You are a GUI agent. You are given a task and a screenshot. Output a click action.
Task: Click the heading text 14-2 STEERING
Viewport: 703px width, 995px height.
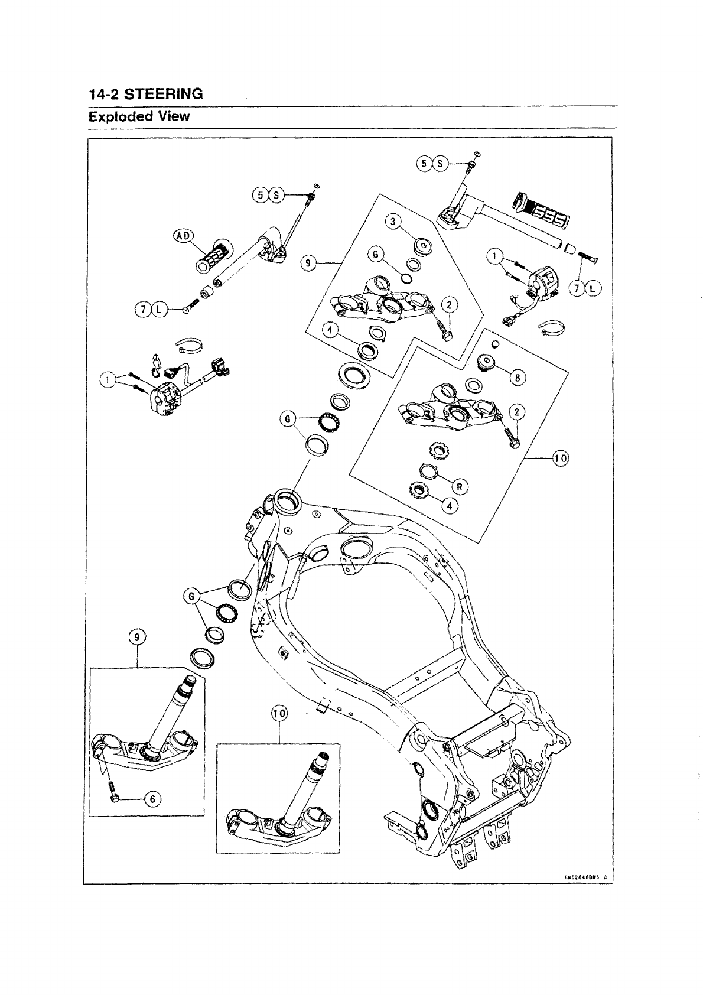click(145, 94)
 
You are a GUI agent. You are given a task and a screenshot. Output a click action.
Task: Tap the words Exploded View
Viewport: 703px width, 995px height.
click(139, 116)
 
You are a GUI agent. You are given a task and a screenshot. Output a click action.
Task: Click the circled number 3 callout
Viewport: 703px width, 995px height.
click(393, 222)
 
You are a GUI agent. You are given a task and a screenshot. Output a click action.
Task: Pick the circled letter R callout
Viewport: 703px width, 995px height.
click(460, 486)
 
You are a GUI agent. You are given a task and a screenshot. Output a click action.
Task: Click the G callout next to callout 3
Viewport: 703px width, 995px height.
click(374, 255)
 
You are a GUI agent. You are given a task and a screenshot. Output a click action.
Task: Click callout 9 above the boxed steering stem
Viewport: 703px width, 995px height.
click(137, 637)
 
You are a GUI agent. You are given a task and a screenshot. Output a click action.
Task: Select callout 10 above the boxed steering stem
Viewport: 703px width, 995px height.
click(279, 714)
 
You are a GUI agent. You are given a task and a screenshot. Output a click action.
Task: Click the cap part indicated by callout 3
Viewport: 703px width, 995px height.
click(423, 245)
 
